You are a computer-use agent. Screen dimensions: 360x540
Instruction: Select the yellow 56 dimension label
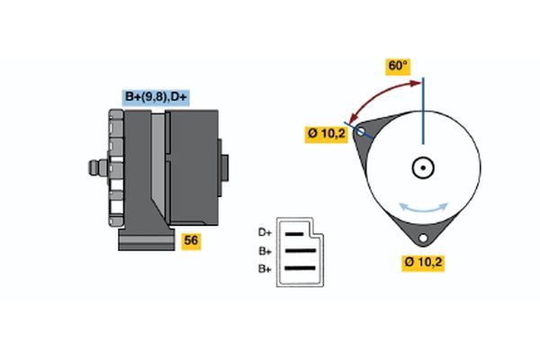click(191, 240)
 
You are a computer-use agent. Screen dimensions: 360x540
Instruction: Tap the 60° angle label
click(398, 67)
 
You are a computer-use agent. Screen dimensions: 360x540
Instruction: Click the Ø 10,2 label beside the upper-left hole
click(326, 134)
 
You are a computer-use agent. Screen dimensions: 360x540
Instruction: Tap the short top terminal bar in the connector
click(297, 234)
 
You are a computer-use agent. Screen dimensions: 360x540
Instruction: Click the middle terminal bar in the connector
click(301, 251)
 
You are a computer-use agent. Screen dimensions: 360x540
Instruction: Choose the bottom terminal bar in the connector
click(301, 268)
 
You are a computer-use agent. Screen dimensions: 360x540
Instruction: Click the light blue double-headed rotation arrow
click(423, 208)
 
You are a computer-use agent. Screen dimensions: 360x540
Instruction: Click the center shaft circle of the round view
click(422, 167)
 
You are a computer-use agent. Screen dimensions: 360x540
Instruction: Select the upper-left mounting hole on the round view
click(362, 132)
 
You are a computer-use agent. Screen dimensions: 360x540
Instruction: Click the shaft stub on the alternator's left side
click(94, 168)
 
